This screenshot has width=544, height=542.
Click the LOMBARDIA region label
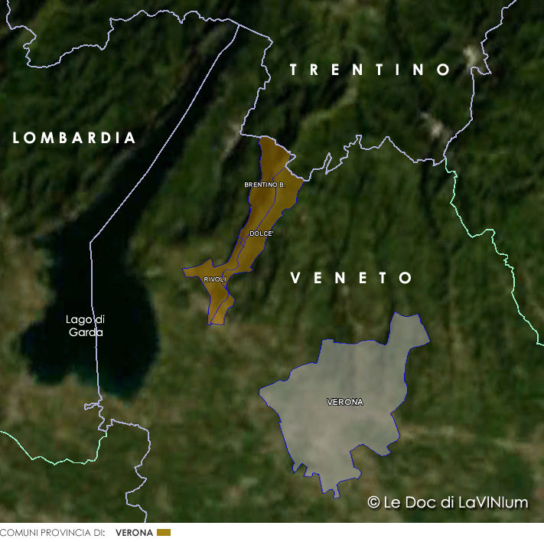click(x=74, y=139)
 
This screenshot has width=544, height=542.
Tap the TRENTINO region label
click(x=370, y=70)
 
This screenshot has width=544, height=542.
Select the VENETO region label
click(x=352, y=279)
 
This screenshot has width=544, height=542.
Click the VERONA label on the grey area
click(x=345, y=402)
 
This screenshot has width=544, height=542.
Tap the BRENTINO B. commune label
click(x=265, y=184)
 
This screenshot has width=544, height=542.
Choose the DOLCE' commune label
click(x=262, y=233)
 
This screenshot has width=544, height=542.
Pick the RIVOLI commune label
click(x=215, y=279)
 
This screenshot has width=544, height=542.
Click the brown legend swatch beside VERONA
click(x=164, y=532)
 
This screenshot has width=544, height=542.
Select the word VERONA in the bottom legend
click(x=134, y=533)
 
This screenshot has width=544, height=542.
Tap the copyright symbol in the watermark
click(x=373, y=503)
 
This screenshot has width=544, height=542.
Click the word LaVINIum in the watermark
click(x=493, y=503)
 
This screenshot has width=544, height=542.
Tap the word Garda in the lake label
click(x=86, y=332)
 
